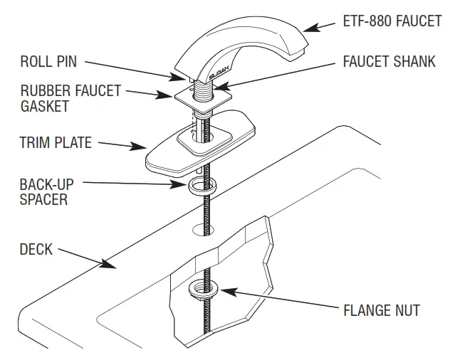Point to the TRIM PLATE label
(x=56, y=143)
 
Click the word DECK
(x=36, y=250)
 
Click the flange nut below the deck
(x=202, y=290)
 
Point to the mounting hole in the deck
(x=204, y=230)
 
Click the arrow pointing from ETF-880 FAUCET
(x=320, y=27)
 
